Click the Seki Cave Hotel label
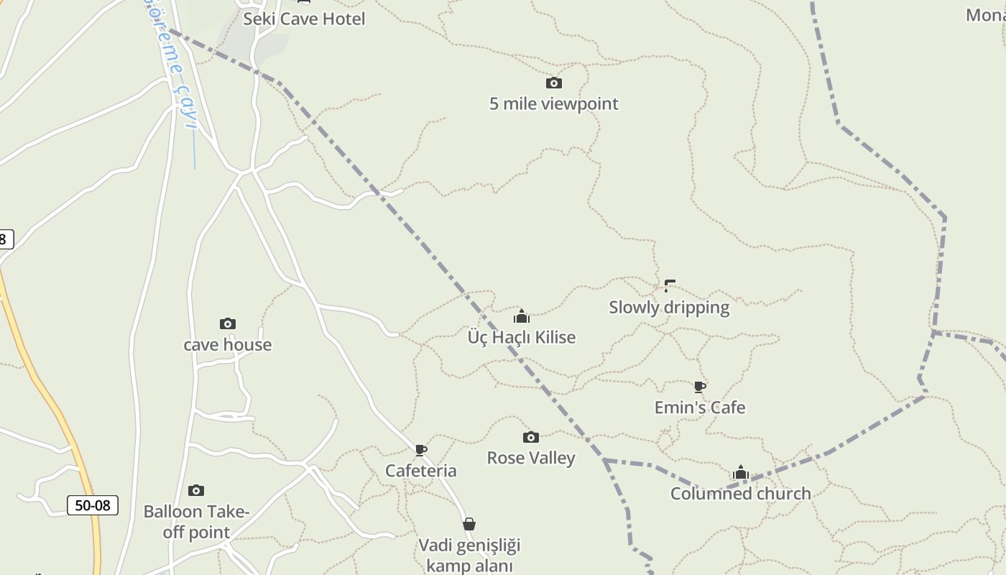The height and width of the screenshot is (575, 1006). [x=304, y=19]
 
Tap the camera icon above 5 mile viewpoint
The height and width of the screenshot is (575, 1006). [x=553, y=83]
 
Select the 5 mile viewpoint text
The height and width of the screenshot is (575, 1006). [x=553, y=103]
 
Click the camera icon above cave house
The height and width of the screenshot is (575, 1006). [x=228, y=324]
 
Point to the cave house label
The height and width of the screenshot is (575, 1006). [x=228, y=344]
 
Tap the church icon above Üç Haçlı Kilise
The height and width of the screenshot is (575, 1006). [x=522, y=316]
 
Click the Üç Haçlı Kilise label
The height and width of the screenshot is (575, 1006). [x=522, y=337]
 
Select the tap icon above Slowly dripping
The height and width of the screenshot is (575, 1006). [x=670, y=286]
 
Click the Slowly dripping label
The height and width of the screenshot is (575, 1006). [x=669, y=307]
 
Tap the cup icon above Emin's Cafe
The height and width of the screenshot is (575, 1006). [x=700, y=387]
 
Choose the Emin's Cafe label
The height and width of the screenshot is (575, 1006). [x=700, y=408]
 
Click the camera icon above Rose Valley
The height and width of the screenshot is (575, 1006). [x=531, y=438]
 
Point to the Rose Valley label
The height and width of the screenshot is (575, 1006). [x=531, y=458]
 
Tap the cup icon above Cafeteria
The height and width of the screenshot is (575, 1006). [x=421, y=451]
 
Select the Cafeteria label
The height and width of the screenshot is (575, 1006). [x=421, y=471]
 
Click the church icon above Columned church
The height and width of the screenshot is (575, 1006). [x=741, y=473]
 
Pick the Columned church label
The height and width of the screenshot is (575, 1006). [x=741, y=494]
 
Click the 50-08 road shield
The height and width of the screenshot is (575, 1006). [x=93, y=505]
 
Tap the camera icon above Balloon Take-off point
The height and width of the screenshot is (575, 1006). [x=196, y=491]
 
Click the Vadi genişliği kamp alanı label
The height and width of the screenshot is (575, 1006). [x=469, y=555]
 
